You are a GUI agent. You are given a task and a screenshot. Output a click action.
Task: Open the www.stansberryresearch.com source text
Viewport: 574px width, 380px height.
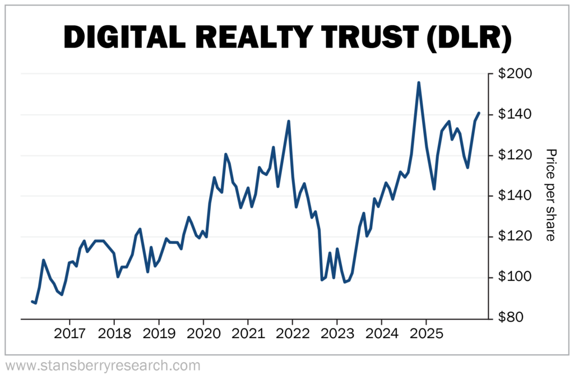click(x=102, y=366)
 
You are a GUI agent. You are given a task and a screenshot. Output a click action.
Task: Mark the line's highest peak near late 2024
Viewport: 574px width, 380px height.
click(x=419, y=82)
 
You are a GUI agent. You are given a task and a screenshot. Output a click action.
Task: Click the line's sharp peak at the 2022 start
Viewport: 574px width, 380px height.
click(x=289, y=121)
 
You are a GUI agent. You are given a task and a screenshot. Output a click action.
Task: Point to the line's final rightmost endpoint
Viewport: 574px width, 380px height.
click(x=479, y=113)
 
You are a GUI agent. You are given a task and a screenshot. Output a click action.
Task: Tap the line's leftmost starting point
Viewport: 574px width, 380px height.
click(x=32, y=302)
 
